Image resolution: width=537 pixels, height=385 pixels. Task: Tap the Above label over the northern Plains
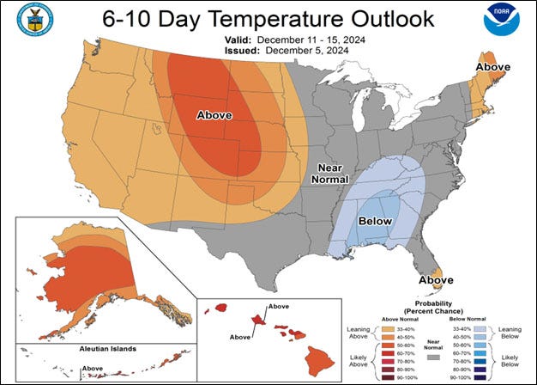tap(214, 114)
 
